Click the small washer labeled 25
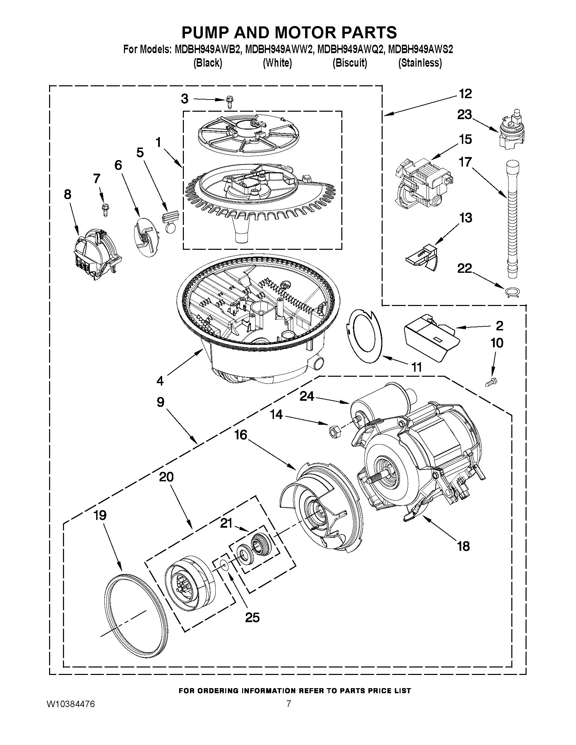pyautogui.click(x=224, y=567)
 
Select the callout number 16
pyautogui.click(x=240, y=435)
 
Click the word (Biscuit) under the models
pyautogui.click(x=350, y=63)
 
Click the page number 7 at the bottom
pyautogui.click(x=289, y=703)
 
